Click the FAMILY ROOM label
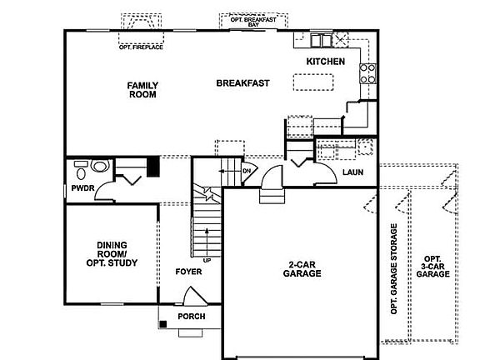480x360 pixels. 142,90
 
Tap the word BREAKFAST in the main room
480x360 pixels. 242,82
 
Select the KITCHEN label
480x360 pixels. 325,62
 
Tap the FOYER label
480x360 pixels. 187,272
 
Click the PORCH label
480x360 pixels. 192,317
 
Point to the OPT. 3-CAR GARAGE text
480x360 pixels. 432,267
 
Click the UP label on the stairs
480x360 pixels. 206,261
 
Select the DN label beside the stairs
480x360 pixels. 247,172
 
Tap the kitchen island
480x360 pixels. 313,81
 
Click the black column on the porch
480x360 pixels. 164,323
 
